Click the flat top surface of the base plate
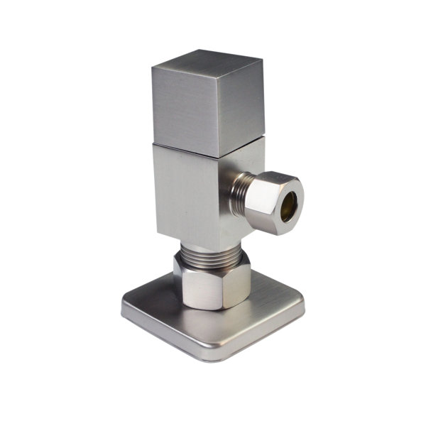(156, 312)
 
